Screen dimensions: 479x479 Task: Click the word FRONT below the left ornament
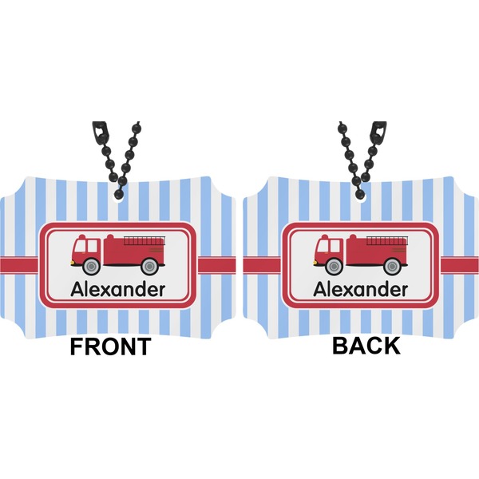tap(109, 346)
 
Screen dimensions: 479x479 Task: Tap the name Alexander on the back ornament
tap(360, 290)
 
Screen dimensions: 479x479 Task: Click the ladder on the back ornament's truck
tap(386, 238)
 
